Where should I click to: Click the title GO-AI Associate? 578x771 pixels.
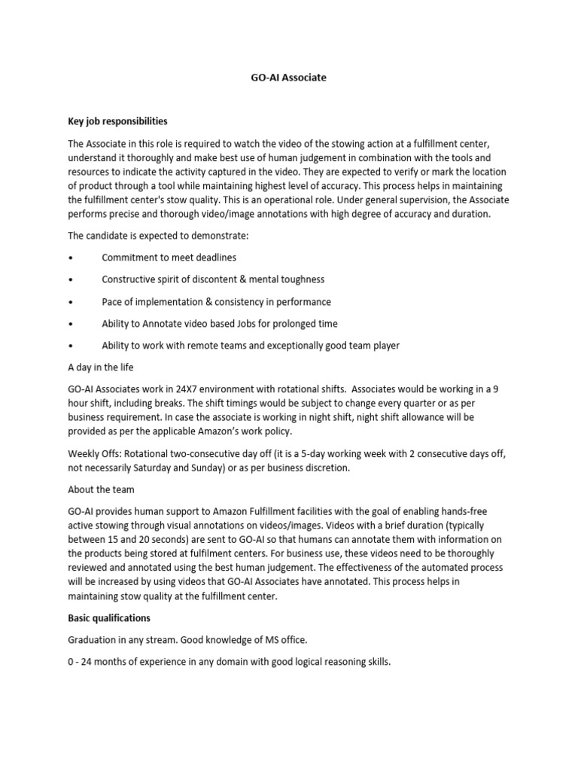tap(288, 77)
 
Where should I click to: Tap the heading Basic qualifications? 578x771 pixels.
tap(109, 618)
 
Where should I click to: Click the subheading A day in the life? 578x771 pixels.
tap(100, 367)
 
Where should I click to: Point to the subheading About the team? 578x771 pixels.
tap(102, 489)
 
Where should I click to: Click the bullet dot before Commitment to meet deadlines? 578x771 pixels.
tap(70, 258)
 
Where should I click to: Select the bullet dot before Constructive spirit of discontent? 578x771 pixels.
tap(70, 279)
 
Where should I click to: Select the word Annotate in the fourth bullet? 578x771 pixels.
tap(161, 324)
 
